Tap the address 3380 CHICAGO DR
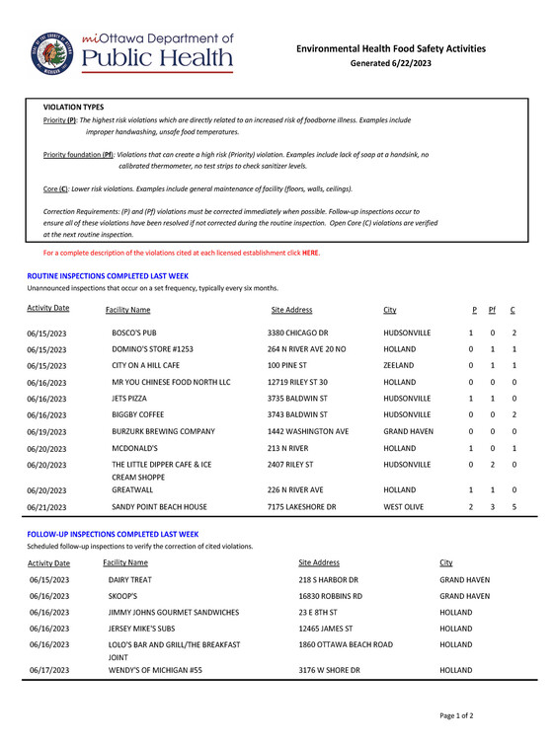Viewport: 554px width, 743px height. pyautogui.click(x=302, y=334)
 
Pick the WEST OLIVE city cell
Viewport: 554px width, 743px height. pyautogui.click(x=406, y=506)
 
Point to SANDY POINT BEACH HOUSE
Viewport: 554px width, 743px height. pyautogui.click(x=159, y=506)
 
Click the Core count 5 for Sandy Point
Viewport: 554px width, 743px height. pyautogui.click(x=514, y=506)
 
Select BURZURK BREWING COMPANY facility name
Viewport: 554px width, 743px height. pyautogui.click(x=162, y=430)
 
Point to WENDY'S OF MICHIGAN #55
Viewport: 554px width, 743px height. pyautogui.click(x=158, y=671)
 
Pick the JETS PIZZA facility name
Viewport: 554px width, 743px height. pyautogui.click(x=131, y=398)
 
